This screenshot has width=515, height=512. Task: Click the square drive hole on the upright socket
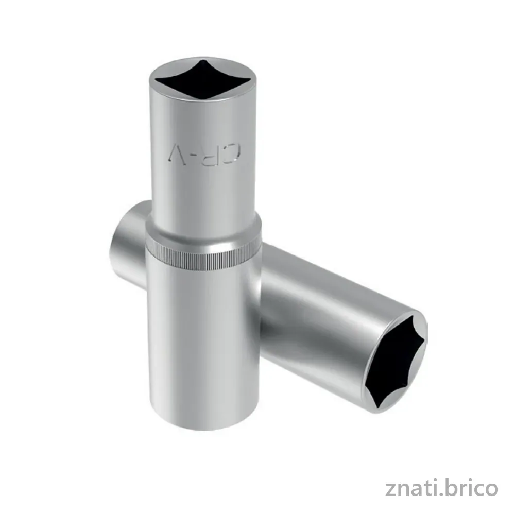point(203,79)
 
